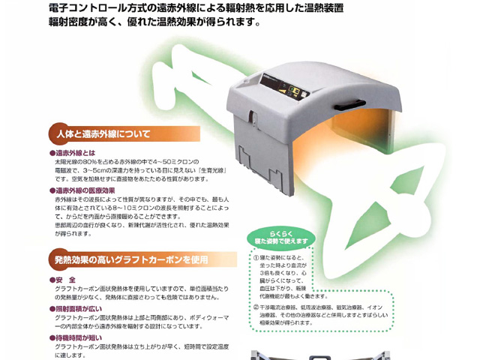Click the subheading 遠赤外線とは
click(x=75, y=152)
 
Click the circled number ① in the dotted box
click(x=255, y=257)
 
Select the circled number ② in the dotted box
click(x=255, y=307)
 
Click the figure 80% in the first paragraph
click(x=97, y=161)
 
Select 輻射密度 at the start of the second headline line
click(x=67, y=22)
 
